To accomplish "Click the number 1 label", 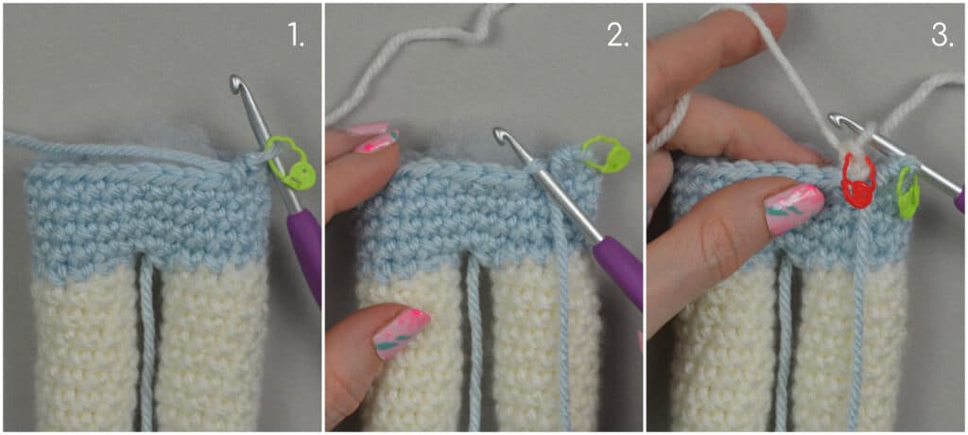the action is [296, 37].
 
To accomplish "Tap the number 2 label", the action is [617, 37].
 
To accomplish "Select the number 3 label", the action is [942, 37].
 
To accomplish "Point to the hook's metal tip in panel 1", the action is [235, 83].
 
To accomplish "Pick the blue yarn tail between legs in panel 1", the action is [146, 343].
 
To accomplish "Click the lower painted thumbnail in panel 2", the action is [402, 332].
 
